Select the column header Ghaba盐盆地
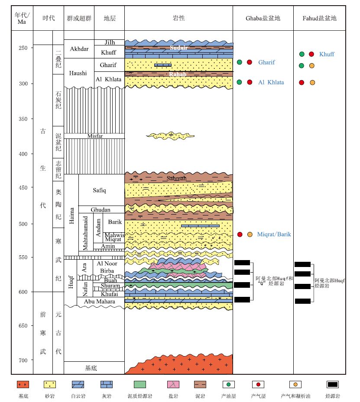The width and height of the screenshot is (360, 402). pos(263,18)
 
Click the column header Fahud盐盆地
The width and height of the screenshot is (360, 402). pos(319,18)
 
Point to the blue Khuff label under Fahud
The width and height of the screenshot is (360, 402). pos(327,54)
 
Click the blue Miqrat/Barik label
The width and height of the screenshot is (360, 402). pos(274,235)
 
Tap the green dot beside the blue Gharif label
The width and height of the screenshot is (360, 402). pos(240,62)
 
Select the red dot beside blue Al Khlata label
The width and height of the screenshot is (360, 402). pos(249,82)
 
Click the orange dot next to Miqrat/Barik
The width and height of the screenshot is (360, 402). pos(250,235)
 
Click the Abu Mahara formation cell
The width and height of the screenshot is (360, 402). pos(100,302)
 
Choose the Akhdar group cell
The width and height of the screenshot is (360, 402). pos(78,49)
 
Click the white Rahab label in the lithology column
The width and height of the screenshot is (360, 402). pos(178,74)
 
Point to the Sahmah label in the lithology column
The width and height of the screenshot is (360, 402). pos(177,178)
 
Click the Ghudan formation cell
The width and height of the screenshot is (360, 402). pos(101,210)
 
